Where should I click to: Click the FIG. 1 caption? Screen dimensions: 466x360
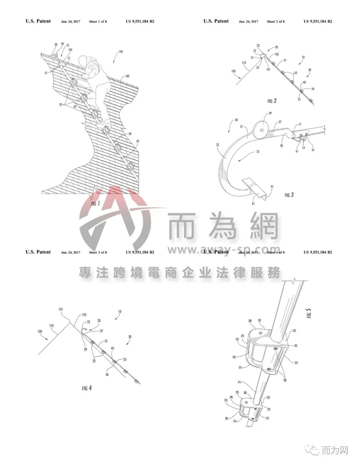tap(95, 203)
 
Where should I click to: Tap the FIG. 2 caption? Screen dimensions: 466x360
tap(272, 101)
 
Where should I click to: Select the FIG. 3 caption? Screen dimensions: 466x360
tap(289, 195)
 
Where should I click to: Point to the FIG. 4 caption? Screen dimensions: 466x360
tap(87, 388)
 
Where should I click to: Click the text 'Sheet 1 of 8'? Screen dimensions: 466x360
tap(98, 22)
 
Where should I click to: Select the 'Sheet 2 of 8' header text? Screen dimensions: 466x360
tap(276, 22)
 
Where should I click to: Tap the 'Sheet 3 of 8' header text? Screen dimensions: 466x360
tap(98, 253)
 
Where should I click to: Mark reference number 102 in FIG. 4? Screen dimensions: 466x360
tap(52, 326)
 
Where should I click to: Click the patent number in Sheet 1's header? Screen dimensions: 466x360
tap(140, 22)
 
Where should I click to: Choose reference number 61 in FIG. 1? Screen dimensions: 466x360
tap(46, 72)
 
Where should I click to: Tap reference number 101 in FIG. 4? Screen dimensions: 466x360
tap(61, 309)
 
